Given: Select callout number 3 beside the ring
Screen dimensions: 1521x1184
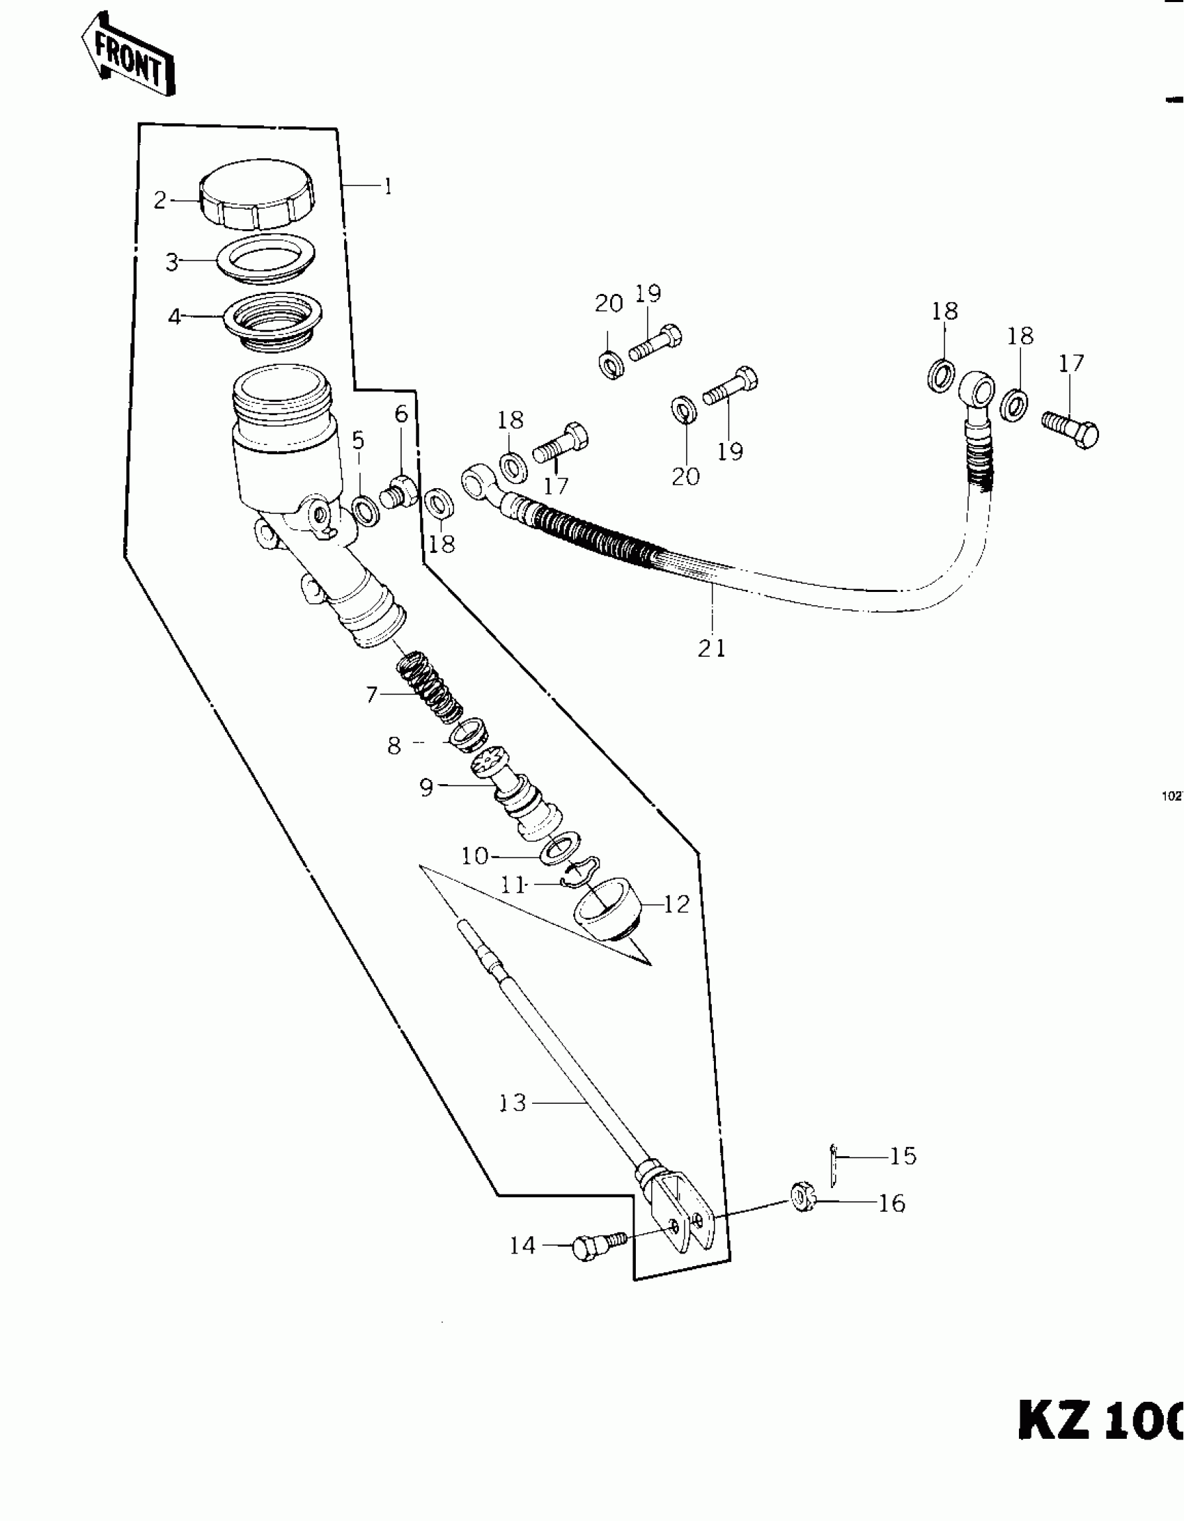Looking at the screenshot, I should point(172,263).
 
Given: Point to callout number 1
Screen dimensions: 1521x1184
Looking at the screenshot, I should point(388,187).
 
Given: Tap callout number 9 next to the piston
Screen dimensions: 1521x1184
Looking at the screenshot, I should point(426,788).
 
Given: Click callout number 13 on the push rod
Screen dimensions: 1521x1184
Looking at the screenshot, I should point(513,1103).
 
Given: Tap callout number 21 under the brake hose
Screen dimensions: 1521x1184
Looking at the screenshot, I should point(711,648).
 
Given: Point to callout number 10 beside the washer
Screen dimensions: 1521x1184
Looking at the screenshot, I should point(475,855).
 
